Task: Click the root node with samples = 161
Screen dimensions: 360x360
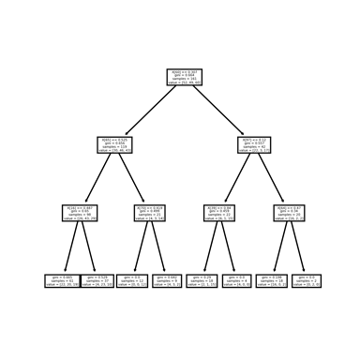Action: point(185,77)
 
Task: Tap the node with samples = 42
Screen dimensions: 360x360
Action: point(255,144)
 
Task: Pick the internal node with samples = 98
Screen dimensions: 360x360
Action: point(80,212)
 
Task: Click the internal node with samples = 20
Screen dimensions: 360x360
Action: point(291,212)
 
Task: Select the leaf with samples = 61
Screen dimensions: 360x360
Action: point(62,279)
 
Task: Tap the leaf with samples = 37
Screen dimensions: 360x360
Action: point(97,279)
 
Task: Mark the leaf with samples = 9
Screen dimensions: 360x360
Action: point(168,279)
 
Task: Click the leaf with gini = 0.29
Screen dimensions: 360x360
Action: point(202,279)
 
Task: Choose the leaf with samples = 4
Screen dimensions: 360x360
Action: point(238,279)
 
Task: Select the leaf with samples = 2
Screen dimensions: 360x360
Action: point(308,279)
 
